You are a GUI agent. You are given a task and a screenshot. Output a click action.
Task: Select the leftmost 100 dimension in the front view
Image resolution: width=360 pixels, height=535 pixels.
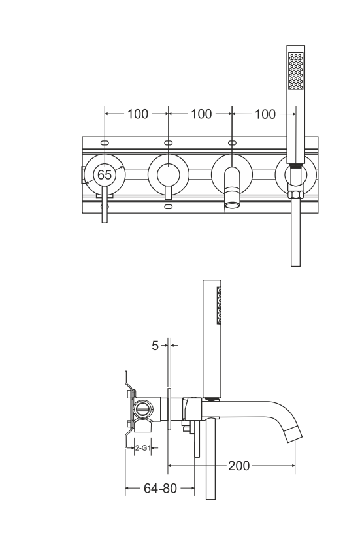(x=137, y=114)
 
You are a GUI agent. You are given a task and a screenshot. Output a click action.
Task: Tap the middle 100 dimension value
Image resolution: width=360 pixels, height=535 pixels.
(x=201, y=114)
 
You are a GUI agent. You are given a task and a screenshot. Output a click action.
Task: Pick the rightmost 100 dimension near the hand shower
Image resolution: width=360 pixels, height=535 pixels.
(x=265, y=114)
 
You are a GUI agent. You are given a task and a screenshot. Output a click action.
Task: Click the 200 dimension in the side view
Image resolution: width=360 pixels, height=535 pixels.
(x=238, y=466)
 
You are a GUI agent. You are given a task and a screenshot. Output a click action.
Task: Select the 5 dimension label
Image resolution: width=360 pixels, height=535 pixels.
(x=155, y=346)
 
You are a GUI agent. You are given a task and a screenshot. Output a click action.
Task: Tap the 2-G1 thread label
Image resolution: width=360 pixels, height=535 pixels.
(x=142, y=448)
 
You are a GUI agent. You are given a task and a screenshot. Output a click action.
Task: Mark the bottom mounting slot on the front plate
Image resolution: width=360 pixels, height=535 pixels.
(x=169, y=207)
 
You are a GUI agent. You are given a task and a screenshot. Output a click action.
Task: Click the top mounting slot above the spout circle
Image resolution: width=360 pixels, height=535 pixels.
(x=232, y=142)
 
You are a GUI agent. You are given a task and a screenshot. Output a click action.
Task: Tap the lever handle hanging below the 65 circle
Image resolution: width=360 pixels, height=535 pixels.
(x=105, y=209)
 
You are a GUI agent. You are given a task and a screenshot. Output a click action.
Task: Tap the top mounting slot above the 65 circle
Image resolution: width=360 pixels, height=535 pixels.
(x=105, y=142)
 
